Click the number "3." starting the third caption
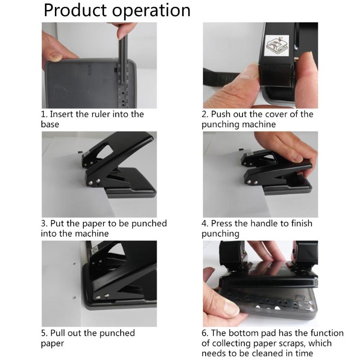45,224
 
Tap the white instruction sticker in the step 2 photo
277,45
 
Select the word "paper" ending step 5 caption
53,343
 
